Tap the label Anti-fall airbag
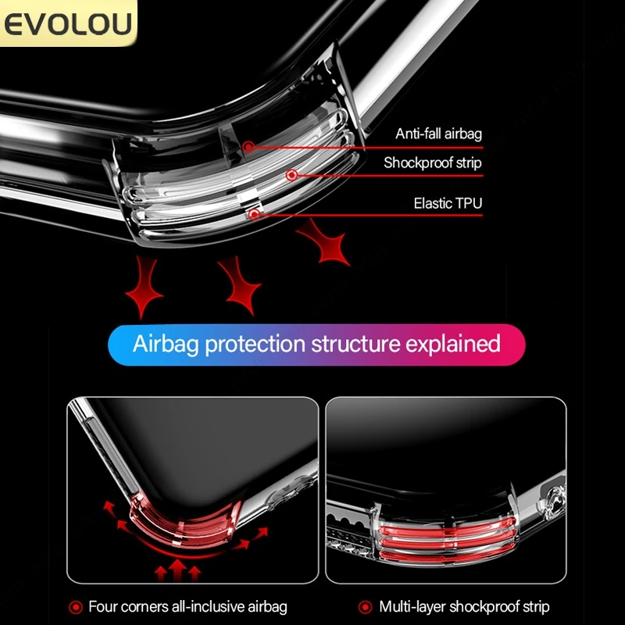point(438,134)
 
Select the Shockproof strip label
point(432,163)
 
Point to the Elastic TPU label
point(448,204)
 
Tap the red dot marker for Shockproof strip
point(292,176)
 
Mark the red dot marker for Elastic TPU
point(253,213)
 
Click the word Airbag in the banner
point(166,344)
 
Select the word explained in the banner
point(454,344)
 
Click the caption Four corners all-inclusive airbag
point(187,606)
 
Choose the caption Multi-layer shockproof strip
point(464,606)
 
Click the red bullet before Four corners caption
point(76,606)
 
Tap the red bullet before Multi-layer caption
point(365,606)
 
